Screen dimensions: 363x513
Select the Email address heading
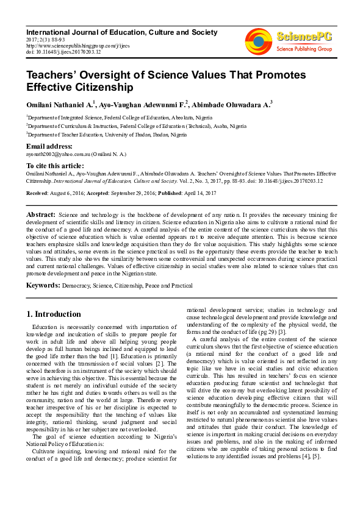[x=49, y=146]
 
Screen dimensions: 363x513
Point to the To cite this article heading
[x=55, y=166]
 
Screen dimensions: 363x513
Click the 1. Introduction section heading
[x=54, y=314]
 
